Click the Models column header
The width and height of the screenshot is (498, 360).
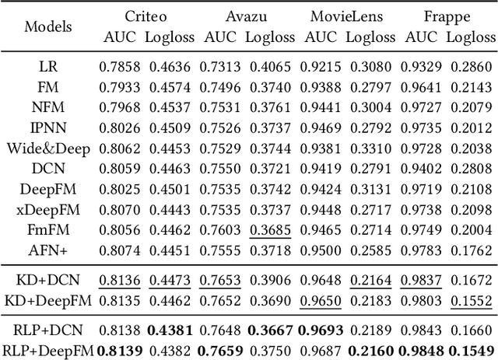pos(48,26)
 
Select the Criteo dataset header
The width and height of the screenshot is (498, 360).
pos(146,16)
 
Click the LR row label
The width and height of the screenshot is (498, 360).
pos(48,66)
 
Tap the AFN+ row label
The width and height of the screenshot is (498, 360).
pos(48,249)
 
